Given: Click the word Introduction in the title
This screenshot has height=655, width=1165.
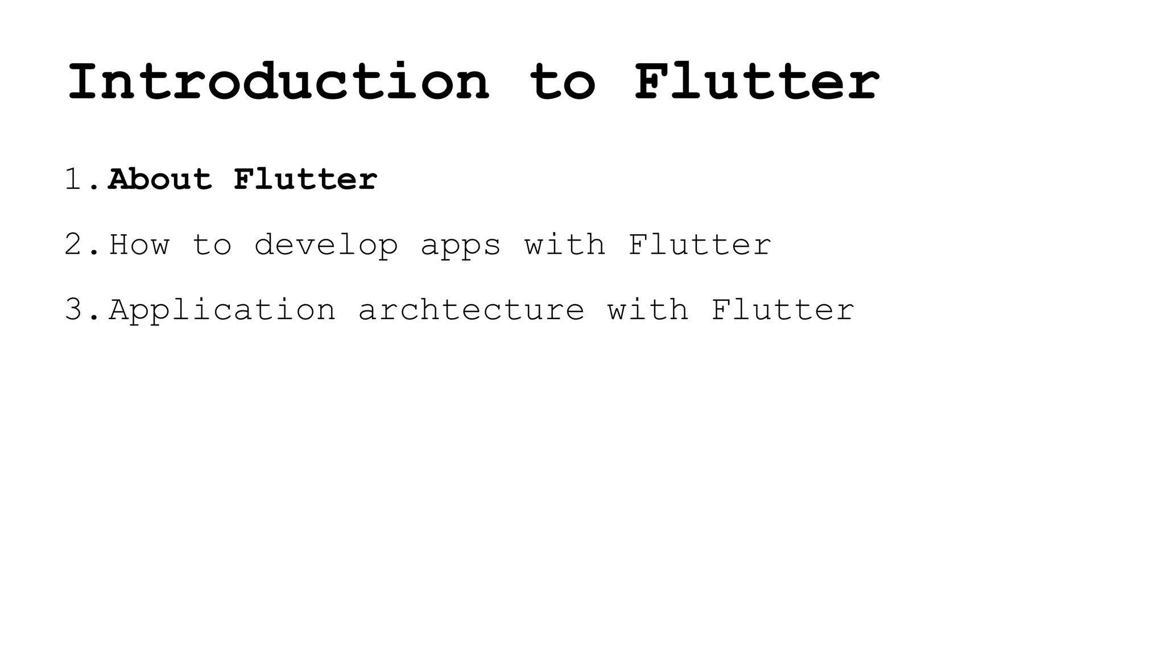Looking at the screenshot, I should point(278,82).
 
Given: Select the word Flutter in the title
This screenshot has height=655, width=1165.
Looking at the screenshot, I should point(757,82).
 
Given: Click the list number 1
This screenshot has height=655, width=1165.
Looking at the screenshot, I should point(75,180).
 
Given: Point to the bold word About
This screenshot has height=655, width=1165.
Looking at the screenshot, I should point(160,180).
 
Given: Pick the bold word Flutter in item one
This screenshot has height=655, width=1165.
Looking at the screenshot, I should point(305,180).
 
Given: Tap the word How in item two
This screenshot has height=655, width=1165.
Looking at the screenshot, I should point(139,245).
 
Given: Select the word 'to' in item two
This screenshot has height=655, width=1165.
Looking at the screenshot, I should point(212,245).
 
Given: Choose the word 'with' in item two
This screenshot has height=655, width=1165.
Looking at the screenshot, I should point(565,245).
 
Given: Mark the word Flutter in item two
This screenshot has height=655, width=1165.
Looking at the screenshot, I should point(700,245).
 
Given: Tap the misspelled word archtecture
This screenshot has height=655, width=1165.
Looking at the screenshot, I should point(471,310).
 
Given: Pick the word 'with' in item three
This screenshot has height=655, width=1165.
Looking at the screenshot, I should point(648,310).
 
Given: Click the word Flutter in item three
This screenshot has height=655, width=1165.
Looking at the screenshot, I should point(783,310).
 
